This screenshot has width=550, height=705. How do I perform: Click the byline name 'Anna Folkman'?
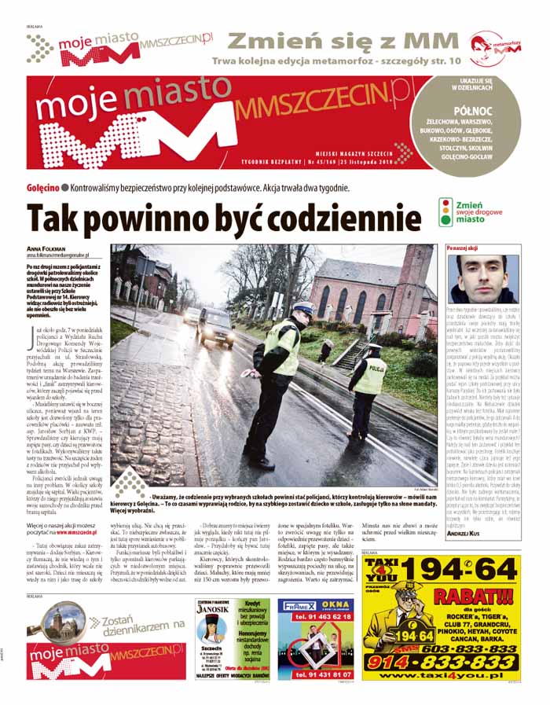(x=48, y=248)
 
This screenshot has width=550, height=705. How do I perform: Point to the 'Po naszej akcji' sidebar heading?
(x=462, y=248)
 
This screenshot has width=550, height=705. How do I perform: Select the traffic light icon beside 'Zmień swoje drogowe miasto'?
(x=446, y=211)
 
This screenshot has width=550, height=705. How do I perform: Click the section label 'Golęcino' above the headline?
(x=42, y=188)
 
